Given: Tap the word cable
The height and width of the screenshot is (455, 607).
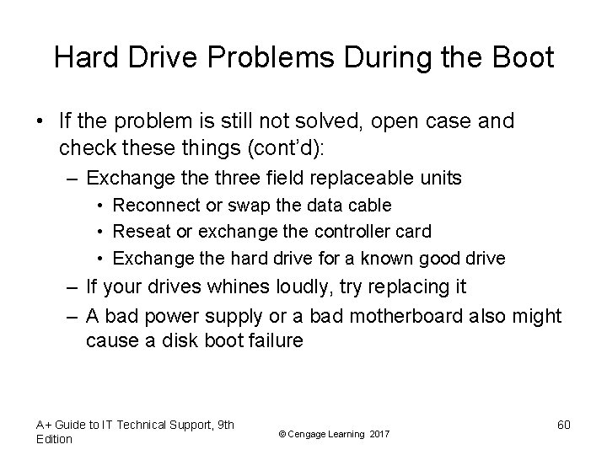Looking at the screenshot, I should click(x=372, y=206).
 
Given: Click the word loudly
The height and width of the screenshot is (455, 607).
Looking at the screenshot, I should click(x=314, y=287).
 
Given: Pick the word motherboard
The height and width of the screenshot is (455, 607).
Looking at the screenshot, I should click(x=397, y=315).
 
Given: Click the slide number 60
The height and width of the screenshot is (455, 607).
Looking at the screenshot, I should click(x=563, y=425).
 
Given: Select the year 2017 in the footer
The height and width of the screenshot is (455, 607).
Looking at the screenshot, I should click(x=379, y=433).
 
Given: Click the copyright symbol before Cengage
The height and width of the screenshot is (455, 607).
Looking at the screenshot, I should click(x=281, y=433).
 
